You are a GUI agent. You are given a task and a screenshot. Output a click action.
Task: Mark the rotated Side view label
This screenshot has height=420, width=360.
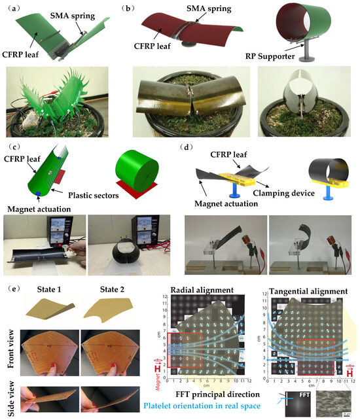[x=10, y=398]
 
